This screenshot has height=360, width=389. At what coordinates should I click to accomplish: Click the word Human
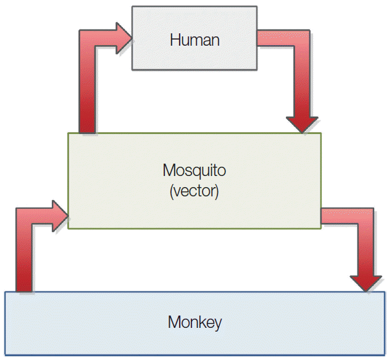coord(194,41)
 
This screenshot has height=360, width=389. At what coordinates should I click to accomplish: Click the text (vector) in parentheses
coord(194,191)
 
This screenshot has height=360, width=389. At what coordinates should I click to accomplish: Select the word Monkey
coord(194,322)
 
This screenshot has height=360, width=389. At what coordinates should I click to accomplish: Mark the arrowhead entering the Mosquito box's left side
coord(59,216)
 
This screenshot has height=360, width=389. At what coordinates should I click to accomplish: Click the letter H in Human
coord(175,41)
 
